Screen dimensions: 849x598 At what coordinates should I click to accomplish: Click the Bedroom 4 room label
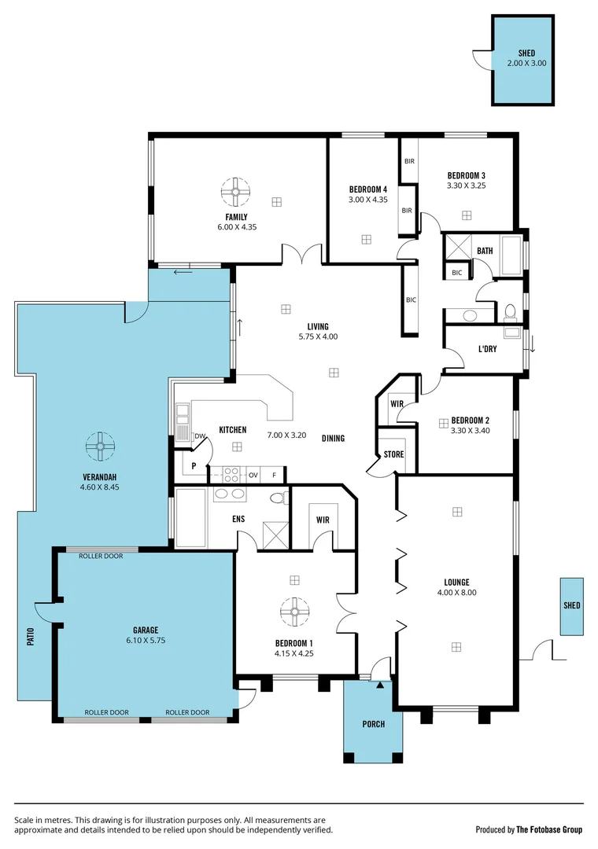368,189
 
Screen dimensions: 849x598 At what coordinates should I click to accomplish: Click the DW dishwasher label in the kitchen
200,436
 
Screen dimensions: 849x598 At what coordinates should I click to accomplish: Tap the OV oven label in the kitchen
253,475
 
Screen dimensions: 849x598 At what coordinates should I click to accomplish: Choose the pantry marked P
193,465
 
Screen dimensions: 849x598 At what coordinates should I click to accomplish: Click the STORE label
393,454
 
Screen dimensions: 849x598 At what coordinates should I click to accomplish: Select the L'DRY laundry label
488,349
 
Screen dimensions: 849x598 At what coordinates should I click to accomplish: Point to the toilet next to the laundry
509,312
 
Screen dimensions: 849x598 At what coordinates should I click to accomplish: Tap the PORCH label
374,724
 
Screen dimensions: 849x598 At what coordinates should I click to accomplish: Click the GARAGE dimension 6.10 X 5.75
146,640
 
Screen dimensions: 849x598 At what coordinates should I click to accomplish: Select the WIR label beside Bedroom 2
397,403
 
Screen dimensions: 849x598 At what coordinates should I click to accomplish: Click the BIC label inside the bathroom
457,272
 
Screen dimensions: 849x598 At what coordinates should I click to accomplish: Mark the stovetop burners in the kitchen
233,475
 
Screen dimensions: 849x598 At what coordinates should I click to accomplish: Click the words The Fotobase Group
549,829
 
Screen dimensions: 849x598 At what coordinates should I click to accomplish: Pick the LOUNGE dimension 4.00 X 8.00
456,593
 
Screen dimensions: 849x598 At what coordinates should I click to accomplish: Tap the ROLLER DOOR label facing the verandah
101,556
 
